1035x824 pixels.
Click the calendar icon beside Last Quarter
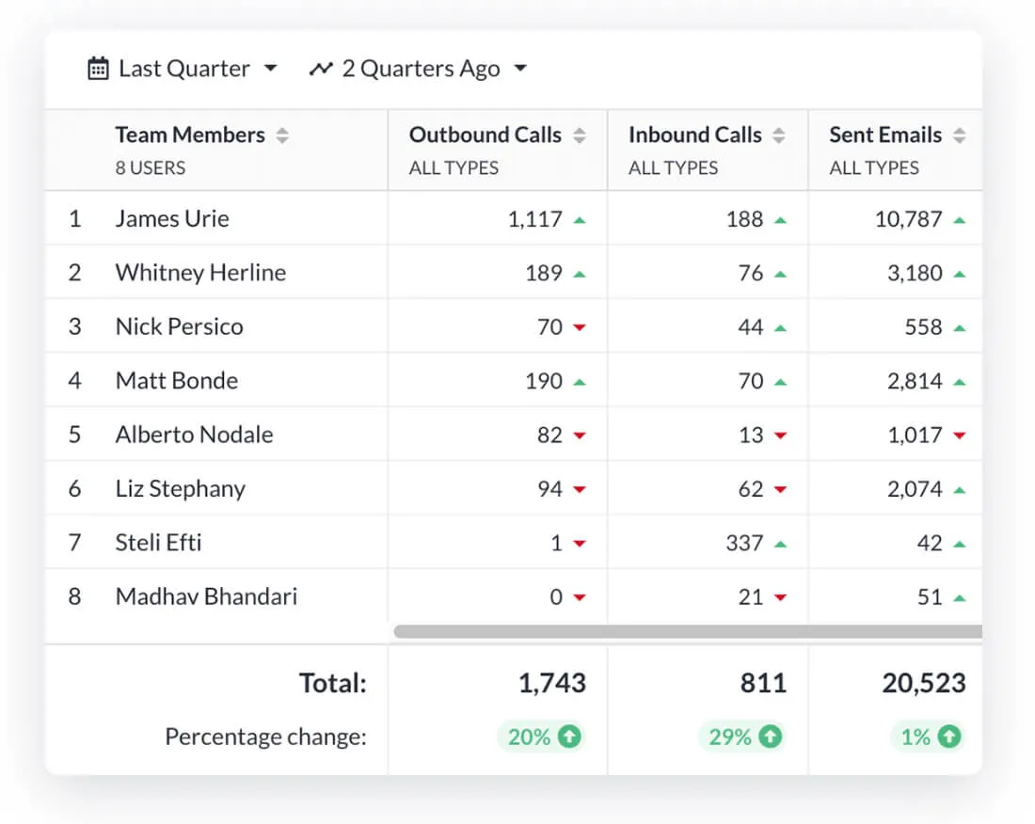(x=99, y=69)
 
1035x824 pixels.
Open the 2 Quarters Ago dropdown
(x=520, y=68)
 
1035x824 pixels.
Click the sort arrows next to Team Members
(x=282, y=135)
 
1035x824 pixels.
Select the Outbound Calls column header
(x=486, y=135)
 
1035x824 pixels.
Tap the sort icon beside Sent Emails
(x=959, y=135)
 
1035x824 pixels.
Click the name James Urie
(x=172, y=218)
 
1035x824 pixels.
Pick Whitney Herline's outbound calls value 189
(x=544, y=273)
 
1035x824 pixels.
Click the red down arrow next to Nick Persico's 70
(x=580, y=327)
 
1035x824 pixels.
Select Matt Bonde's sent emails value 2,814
(x=915, y=381)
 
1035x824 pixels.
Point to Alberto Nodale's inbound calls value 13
(x=751, y=435)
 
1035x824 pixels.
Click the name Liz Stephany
(x=181, y=489)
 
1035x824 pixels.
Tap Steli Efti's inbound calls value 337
(x=744, y=543)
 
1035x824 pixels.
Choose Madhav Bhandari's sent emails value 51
(x=930, y=597)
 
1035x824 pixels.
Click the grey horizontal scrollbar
(x=688, y=631)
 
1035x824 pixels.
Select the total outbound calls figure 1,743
(x=551, y=683)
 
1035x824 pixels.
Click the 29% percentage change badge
(x=740, y=737)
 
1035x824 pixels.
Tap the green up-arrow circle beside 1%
(x=949, y=737)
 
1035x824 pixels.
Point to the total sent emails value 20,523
(x=924, y=683)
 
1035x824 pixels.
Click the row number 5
(x=74, y=435)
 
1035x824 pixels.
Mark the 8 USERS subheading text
(x=151, y=167)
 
